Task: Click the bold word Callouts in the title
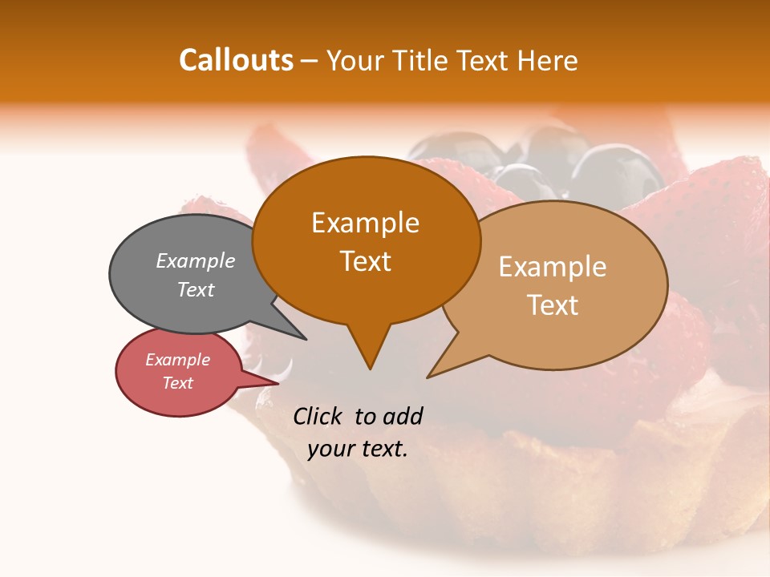pos(236,60)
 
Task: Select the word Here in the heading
pos(548,60)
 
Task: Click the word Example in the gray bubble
pos(195,261)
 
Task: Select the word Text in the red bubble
pos(178,383)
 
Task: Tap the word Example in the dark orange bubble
pos(365,223)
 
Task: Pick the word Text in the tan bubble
pos(553,305)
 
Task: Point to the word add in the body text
pos(403,416)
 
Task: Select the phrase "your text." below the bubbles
pos(358,449)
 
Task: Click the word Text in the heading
pos(482,60)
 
